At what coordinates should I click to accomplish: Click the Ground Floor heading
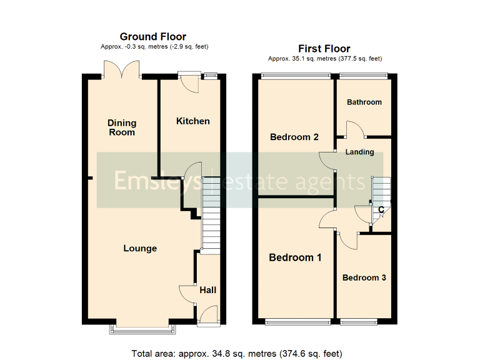point(153,37)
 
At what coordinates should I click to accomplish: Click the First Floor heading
point(324,49)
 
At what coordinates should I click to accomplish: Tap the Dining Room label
point(121,127)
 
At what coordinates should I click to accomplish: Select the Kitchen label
point(192,121)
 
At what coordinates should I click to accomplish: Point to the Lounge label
point(140,249)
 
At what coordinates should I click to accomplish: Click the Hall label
point(207,290)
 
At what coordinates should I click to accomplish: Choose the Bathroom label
point(364,102)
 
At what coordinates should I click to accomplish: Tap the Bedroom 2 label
point(294,137)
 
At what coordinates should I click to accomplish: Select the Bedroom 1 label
point(295,257)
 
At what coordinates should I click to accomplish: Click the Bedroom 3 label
point(364,277)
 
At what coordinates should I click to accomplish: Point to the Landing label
point(360,152)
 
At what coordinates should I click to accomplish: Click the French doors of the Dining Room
point(122,69)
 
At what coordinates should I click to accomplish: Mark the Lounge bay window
point(141,327)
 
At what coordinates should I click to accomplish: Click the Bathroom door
point(354,129)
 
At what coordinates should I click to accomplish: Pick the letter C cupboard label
point(380,209)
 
